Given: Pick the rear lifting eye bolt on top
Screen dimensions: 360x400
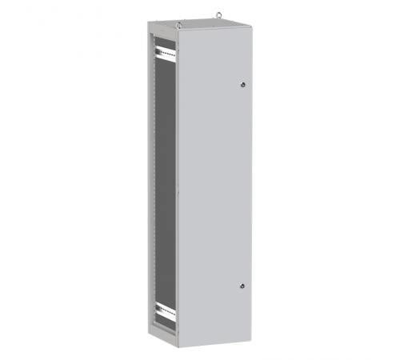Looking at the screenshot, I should [x=218, y=14].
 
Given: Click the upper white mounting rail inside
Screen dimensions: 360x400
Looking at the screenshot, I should [x=164, y=52].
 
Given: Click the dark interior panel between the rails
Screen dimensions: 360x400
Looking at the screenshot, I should [x=165, y=184].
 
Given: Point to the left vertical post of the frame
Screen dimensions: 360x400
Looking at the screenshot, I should [x=150, y=184].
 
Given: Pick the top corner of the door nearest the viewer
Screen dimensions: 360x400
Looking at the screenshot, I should [x=177, y=31].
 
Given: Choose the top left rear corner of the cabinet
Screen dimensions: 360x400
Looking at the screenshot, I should [x=148, y=24].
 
